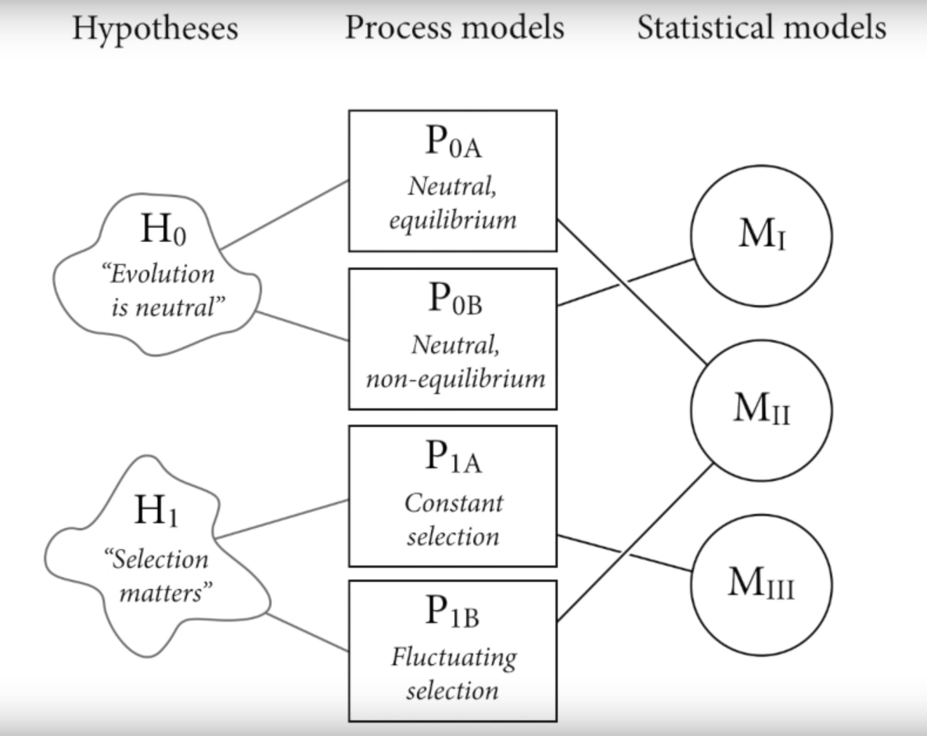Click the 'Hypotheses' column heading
(x=155, y=28)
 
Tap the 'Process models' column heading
(x=455, y=27)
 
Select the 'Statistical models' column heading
(x=761, y=27)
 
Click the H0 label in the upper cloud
(x=163, y=229)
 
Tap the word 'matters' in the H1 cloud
(x=166, y=592)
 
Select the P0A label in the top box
(x=454, y=142)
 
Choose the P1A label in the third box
(x=454, y=458)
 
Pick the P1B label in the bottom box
(x=452, y=612)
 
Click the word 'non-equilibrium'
(x=455, y=379)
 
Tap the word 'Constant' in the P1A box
(x=454, y=503)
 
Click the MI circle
(x=761, y=166)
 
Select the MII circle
(x=761, y=340)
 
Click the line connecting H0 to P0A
(x=285, y=214)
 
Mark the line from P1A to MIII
(x=624, y=553)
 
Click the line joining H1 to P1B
(x=307, y=632)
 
